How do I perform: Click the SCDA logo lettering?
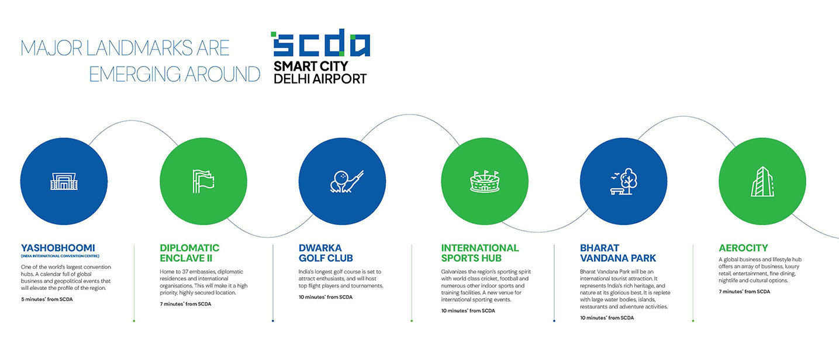tap(320, 43)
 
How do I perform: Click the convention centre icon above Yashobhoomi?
tap(64, 181)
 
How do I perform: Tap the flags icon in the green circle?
tap(203, 181)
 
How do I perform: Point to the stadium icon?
tap(485, 182)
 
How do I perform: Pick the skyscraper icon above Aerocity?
tap(762, 182)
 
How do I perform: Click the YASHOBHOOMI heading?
tap(58, 248)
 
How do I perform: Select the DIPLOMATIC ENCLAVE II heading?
tap(189, 253)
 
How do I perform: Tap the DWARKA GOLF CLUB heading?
tap(326, 253)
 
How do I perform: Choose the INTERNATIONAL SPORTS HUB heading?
tap(480, 253)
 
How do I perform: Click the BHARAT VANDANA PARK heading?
tap(618, 253)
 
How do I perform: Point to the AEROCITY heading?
tap(743, 248)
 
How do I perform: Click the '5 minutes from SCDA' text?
tap(47, 299)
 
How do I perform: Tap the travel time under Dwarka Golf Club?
tap(326, 297)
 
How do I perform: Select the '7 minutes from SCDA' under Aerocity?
tap(744, 292)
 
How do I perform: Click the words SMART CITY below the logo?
tap(311, 66)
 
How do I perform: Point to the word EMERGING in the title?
tap(136, 74)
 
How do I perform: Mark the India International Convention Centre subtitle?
tap(60, 257)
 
